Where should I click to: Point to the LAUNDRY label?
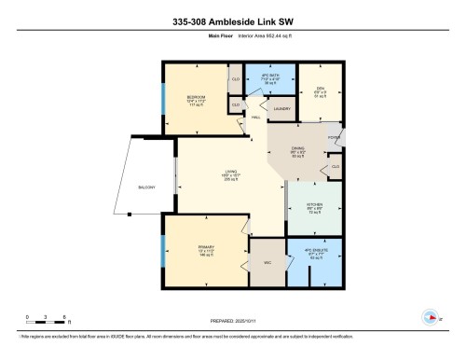280,108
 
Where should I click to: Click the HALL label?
256,118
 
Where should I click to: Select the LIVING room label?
227,172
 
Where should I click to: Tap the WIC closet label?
267,262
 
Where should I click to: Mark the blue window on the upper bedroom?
163,97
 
